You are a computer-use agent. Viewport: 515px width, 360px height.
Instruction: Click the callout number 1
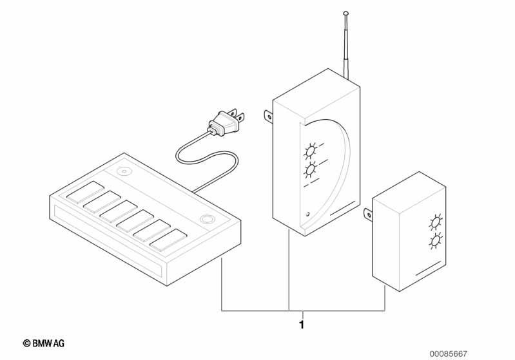point(302,325)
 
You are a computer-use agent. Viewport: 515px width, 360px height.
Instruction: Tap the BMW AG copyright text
point(44,344)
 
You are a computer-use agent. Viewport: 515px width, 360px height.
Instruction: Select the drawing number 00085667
point(449,354)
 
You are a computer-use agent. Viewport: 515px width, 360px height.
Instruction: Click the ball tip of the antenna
point(345,13)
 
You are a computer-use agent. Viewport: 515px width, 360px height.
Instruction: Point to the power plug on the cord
point(227,122)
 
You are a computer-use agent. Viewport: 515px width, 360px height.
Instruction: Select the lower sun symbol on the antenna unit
point(310,170)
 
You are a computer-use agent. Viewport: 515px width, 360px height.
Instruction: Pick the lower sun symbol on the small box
point(435,242)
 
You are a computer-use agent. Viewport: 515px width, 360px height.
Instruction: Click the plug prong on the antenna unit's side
point(269,116)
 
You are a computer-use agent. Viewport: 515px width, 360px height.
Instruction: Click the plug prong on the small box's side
point(368,215)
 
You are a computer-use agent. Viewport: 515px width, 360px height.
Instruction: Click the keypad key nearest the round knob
point(86,191)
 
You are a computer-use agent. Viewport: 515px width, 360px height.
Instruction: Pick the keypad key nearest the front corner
point(168,240)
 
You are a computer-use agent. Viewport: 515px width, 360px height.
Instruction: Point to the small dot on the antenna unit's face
point(307,215)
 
